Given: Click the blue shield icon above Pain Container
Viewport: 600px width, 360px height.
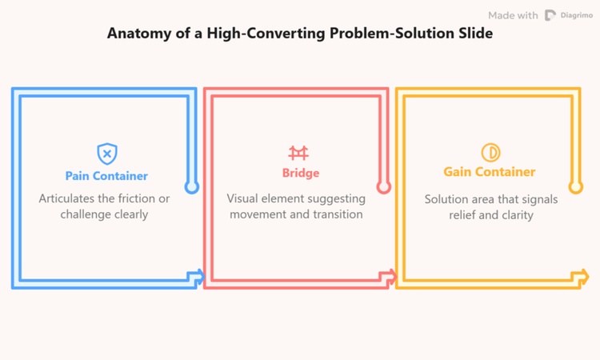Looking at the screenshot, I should coord(106,153).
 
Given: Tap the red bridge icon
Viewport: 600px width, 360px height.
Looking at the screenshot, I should coord(298,153).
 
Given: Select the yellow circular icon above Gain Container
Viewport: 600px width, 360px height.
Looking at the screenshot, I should coord(490,152).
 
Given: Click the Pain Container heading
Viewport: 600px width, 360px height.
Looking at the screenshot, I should coord(106,175).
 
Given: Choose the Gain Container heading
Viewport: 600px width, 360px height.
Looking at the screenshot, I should coord(490,172).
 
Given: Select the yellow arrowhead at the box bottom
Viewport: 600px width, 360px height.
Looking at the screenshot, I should coord(581,277).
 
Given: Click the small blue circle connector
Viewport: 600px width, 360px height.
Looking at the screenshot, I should coord(191,187).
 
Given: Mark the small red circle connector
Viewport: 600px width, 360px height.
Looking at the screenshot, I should coord(383,187).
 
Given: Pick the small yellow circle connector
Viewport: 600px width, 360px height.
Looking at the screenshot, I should coord(575,187).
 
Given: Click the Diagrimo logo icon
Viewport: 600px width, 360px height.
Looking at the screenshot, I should coord(550,15).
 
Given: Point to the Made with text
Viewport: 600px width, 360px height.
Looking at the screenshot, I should coord(513,15).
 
